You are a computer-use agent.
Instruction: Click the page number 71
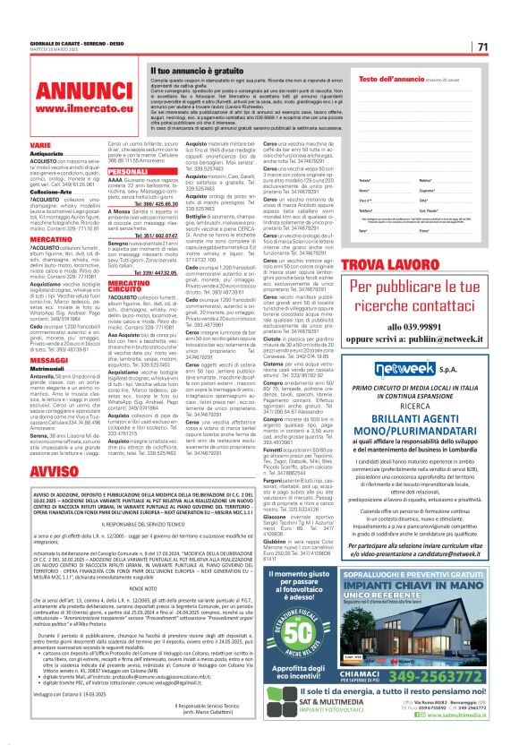pyautogui.click(x=483, y=47)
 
